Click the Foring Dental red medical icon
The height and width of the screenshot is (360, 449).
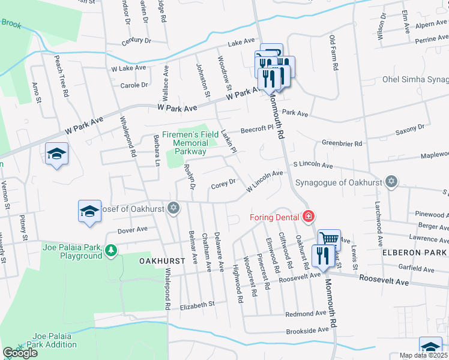[x=309, y=216]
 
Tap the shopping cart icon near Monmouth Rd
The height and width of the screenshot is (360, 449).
[x=328, y=239]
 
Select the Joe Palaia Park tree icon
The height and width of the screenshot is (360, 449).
[x=110, y=250]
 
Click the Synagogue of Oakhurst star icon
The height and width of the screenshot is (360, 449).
[x=392, y=182]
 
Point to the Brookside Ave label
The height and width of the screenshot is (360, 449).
[x=307, y=329]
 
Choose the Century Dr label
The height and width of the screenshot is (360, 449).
[x=136, y=41]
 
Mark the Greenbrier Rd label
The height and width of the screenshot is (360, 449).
[x=342, y=143]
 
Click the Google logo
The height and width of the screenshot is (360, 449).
[x=20, y=353]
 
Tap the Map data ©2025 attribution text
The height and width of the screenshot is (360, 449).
[x=424, y=355]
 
